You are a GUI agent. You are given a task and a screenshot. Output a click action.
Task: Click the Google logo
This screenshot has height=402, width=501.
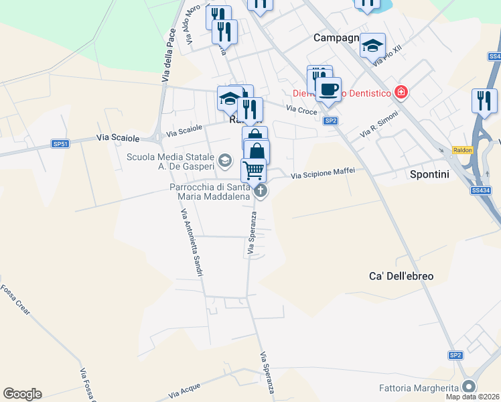(x=22, y=394)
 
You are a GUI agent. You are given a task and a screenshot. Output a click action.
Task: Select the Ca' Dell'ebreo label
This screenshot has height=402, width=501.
(x=401, y=276)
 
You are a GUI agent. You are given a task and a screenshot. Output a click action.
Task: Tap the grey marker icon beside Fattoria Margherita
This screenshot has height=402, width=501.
(x=470, y=387)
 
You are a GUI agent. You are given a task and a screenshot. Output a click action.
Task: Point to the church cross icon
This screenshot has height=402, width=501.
(x=261, y=192)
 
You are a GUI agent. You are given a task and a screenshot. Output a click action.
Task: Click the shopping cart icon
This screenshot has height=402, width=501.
(x=253, y=170)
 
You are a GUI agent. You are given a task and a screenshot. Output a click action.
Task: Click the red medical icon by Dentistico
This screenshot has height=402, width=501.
(x=401, y=92)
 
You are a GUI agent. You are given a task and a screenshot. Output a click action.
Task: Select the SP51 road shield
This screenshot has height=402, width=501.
(x=60, y=144)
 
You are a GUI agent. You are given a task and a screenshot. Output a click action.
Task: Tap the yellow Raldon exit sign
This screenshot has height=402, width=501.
(x=463, y=150)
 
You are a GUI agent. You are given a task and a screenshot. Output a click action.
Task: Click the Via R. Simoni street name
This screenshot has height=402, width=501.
(x=379, y=125)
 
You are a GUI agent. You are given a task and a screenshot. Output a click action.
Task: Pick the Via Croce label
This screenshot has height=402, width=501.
(x=301, y=109)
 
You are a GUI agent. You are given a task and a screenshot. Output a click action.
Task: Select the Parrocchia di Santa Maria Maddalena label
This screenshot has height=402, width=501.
(x=209, y=192)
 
